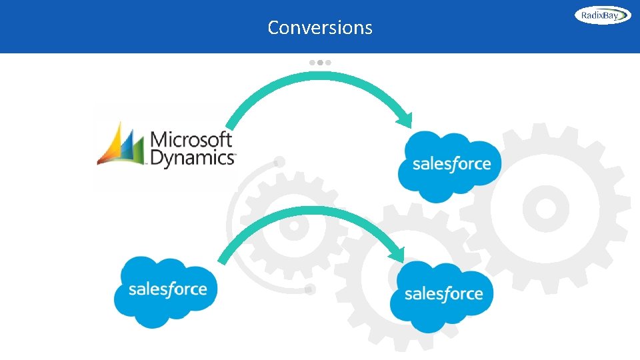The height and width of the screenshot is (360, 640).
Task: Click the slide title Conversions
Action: pos(320,27)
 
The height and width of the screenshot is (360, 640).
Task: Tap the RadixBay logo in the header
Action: pos(603,15)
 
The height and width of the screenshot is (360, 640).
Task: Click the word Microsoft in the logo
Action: pos(192,140)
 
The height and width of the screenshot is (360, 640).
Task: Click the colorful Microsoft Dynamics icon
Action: pos(121,144)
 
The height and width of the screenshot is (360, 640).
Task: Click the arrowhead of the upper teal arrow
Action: pos(404,120)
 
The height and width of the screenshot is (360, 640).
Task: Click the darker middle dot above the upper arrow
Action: pos(320,62)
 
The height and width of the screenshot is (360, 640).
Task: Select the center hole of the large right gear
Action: pos(545,207)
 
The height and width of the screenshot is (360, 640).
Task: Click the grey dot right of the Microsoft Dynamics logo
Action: pos(279,161)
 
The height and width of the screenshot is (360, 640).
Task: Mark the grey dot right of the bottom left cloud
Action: pos(309,289)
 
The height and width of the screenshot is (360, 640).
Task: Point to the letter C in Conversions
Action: pos(273,27)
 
